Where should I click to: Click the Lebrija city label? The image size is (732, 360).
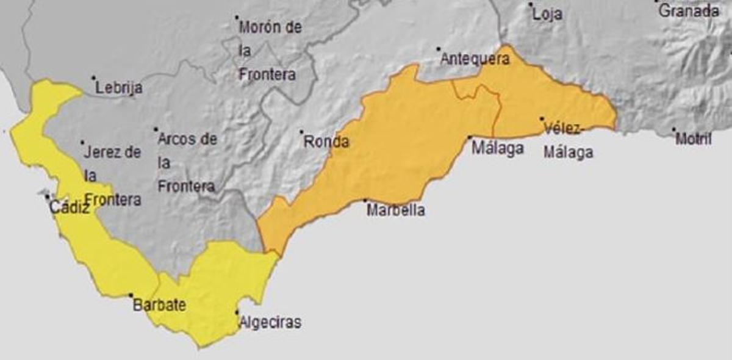pyautogui.click(x=119, y=88)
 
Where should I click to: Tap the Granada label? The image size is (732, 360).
pyautogui.click(x=689, y=10)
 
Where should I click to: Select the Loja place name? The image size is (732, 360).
pyautogui.click(x=547, y=15)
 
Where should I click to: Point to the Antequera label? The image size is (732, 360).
pyautogui.click(x=475, y=59)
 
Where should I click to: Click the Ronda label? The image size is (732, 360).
pyautogui.click(x=326, y=142)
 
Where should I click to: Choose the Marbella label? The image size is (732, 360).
pyautogui.click(x=395, y=211)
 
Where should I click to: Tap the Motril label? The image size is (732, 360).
pyautogui.click(x=694, y=139)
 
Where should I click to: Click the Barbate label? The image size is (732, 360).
pyautogui.click(x=159, y=305)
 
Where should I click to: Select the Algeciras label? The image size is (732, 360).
pyautogui.click(x=270, y=322)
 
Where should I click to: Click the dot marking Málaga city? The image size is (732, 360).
pyautogui.click(x=470, y=138)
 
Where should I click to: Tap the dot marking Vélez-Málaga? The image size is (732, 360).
pyautogui.click(x=542, y=119)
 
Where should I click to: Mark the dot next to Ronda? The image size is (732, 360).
pyautogui.click(x=301, y=131)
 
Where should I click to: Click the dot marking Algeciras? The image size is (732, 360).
pyautogui.click(x=237, y=312)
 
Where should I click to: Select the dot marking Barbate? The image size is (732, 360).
pyautogui.click(x=131, y=295)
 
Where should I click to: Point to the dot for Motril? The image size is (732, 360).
pyautogui.click(x=674, y=129)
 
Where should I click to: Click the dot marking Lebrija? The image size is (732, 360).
pyautogui.click(x=93, y=77)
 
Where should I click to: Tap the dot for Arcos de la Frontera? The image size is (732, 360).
pyautogui.click(x=156, y=129)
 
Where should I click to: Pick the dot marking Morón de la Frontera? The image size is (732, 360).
pyautogui.click(x=237, y=16)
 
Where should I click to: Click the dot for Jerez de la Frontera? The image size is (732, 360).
pyautogui.click(x=82, y=143)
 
